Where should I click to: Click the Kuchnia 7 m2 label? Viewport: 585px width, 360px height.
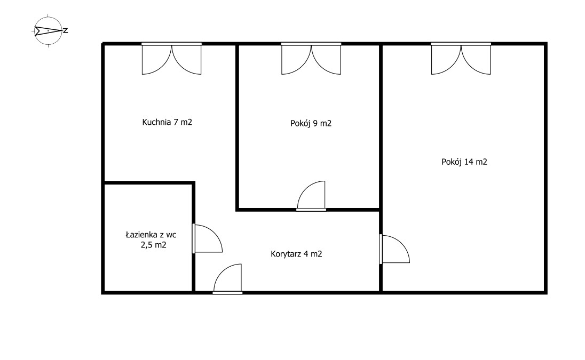[x=167, y=122]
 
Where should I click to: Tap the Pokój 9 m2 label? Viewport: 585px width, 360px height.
[x=311, y=123]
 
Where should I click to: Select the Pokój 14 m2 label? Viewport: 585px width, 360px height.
[x=464, y=162]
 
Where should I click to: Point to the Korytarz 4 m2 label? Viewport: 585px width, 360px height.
[x=296, y=254]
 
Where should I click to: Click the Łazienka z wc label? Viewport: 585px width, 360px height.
[x=151, y=235]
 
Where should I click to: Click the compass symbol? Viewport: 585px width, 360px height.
[x=48, y=31]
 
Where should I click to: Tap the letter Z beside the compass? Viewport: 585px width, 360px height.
[x=66, y=31]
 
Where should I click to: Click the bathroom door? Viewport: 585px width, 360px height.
[x=207, y=238]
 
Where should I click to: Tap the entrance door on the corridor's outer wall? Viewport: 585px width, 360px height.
[x=227, y=278]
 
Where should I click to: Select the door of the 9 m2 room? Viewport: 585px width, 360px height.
[x=311, y=196]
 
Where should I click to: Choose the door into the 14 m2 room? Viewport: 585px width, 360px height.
[x=394, y=249]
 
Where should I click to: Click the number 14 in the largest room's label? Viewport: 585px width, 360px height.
[x=469, y=162]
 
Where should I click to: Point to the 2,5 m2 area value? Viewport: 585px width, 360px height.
[x=153, y=245]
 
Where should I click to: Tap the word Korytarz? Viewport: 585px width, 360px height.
[x=286, y=254]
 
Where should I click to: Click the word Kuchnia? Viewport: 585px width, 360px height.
[x=157, y=122]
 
